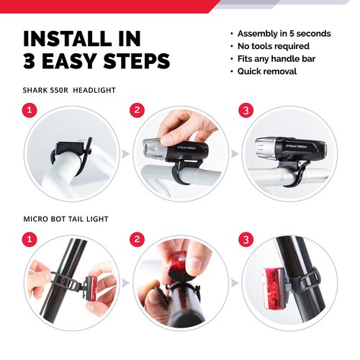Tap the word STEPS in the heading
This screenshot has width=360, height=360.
point(137,61)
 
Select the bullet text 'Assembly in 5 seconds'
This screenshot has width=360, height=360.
point(284,34)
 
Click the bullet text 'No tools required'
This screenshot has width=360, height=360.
point(274,46)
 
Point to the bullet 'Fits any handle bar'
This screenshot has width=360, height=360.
point(276,59)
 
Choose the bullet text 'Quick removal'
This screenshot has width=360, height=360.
point(267,71)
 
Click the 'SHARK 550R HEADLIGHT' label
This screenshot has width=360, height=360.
point(69,90)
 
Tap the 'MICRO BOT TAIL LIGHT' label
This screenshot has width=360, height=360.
point(66,219)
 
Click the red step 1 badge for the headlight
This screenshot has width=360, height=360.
point(30,110)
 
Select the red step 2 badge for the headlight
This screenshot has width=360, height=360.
point(137,110)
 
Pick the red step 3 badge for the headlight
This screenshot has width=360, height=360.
point(246,110)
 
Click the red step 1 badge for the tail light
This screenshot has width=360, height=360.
point(30,239)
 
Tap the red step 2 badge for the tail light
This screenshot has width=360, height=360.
point(137,239)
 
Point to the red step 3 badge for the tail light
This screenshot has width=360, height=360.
point(246,239)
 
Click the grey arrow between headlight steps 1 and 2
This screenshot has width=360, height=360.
point(125,154)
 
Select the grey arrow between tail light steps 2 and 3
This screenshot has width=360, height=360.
point(234,283)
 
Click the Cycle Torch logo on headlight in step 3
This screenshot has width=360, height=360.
point(296,146)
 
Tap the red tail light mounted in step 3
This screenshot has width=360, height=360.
point(274,289)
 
